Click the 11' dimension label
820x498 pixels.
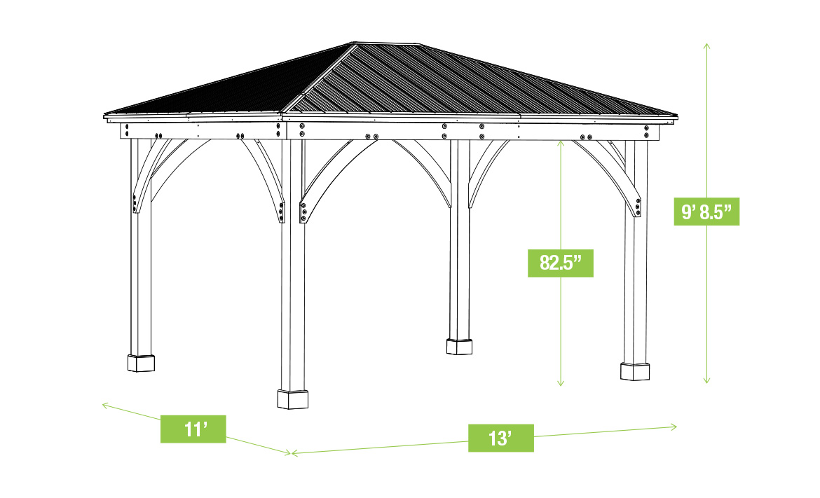pos(193,429)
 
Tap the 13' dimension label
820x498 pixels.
pos(500,438)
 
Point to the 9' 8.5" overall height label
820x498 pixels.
pos(706,211)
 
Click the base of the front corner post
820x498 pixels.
pos(293,399)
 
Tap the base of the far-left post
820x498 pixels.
pos(141,363)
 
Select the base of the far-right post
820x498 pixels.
pos(634,371)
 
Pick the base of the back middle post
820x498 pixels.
pos(460,346)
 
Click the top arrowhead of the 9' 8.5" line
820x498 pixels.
pos(706,44)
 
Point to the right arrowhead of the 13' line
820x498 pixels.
pos(674,426)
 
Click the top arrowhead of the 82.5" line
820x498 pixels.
pos(561,141)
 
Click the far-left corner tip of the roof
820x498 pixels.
pos(104,116)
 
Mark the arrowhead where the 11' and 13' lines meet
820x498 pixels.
pos(291,454)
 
